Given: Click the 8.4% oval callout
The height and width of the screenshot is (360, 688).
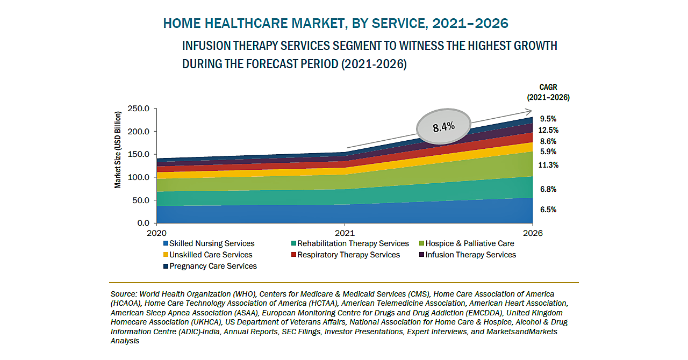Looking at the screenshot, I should (x=443, y=127).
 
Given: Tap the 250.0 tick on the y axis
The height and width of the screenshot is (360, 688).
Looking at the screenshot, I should (x=139, y=109).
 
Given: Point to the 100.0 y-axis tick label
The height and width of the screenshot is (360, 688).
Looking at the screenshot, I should (x=139, y=177).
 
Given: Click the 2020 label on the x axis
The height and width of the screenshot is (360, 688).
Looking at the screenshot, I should (x=156, y=233).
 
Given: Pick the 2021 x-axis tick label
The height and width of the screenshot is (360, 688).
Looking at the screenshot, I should (x=345, y=233).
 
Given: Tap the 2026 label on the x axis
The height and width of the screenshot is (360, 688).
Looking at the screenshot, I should (x=532, y=233).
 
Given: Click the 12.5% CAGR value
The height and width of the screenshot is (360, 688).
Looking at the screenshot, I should (x=549, y=130).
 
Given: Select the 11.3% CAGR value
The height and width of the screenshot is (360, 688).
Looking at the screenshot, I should (x=548, y=165).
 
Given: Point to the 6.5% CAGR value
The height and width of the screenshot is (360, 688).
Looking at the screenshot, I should (x=548, y=210).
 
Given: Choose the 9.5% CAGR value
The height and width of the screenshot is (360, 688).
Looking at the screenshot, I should (x=548, y=119).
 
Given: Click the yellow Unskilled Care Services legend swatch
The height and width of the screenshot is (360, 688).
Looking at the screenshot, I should (x=166, y=255).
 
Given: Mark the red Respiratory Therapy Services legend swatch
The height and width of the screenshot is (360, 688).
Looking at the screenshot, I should (x=294, y=255).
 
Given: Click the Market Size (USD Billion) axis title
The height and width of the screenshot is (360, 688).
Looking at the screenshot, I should (x=118, y=149).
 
